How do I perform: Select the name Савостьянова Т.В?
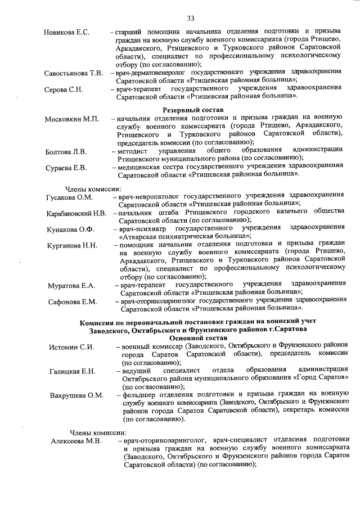[74, 74]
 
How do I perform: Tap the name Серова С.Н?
[64, 89]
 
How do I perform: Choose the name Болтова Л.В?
[66, 152]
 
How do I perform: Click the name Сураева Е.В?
[66, 168]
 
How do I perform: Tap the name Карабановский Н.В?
[76, 214]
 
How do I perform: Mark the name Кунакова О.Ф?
[70, 229]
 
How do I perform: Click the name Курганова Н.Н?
[72, 246]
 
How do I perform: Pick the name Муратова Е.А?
[71, 286]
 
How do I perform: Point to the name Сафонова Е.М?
[73, 302]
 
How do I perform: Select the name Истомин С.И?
[71, 347]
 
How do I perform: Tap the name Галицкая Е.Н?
[73, 371]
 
